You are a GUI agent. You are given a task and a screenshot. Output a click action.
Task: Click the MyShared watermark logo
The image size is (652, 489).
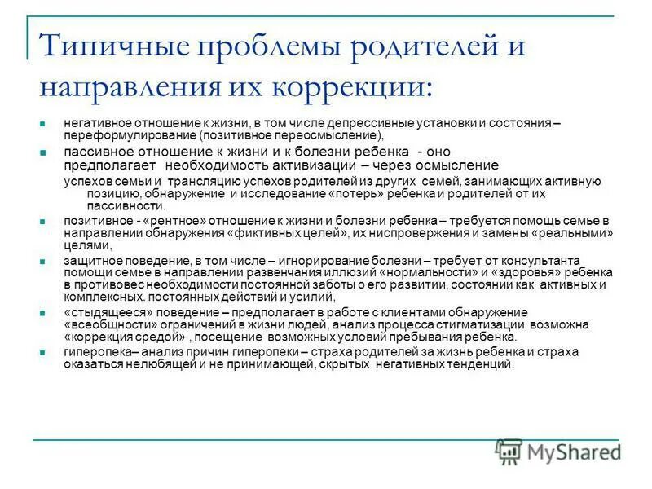[559, 452]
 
